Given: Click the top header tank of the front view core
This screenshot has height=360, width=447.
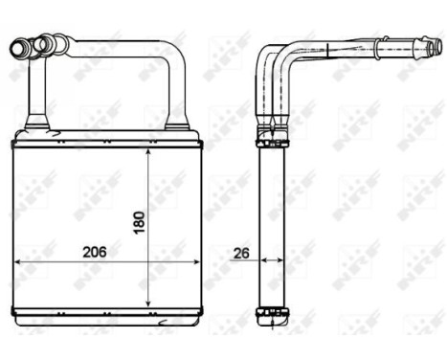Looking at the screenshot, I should point(106,141).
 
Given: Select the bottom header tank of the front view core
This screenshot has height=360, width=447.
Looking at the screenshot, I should point(106,313).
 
